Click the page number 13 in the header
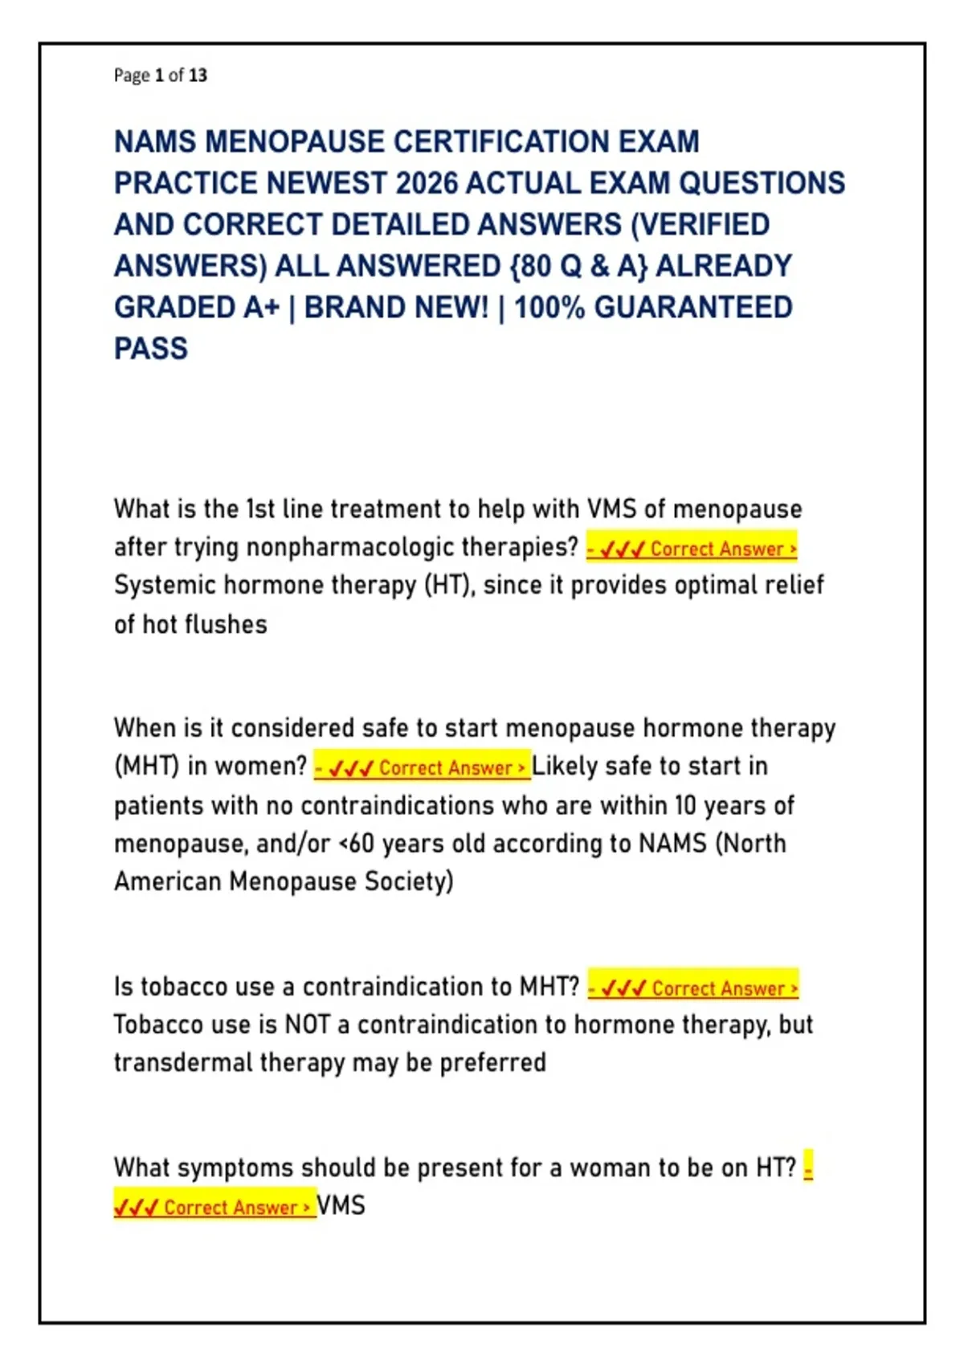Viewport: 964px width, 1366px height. point(198,76)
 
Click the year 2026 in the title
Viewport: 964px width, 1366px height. point(427,183)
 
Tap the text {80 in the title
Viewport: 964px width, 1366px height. point(533,266)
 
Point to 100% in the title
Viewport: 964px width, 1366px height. point(549,308)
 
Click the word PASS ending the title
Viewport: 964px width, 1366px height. point(151,349)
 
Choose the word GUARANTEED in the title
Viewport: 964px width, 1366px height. point(693,308)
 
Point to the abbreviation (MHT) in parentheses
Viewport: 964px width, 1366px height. point(146,767)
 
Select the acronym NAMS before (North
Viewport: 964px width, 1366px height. point(672,844)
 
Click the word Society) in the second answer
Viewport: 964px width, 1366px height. point(409,881)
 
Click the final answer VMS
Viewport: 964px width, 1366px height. point(341,1206)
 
